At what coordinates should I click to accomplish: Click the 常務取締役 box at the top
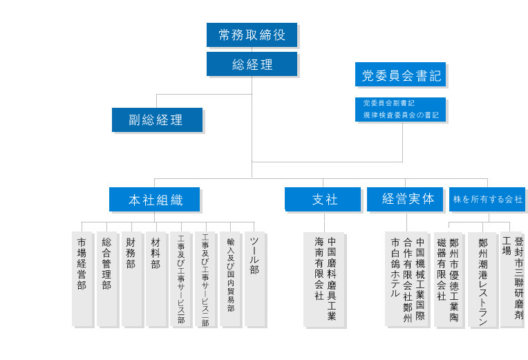click(x=252, y=35)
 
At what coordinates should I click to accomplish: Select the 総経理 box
click(x=252, y=64)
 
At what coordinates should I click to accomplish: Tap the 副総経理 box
click(x=157, y=120)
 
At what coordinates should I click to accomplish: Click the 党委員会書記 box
click(x=401, y=75)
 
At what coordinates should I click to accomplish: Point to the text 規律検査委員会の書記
click(x=401, y=115)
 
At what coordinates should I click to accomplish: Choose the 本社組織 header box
click(x=155, y=200)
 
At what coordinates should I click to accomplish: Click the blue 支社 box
click(x=323, y=200)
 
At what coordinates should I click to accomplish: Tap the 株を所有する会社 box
click(x=487, y=199)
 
